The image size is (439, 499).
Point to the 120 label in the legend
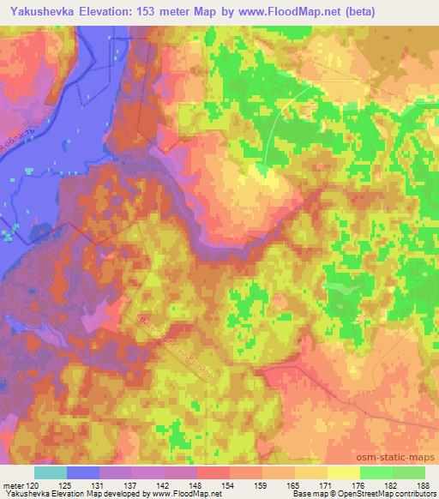(34, 485)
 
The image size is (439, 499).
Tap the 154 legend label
(230, 485)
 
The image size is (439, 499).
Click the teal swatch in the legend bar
(51, 472)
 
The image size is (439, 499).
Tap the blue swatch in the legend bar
(83, 472)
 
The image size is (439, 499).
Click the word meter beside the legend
(13, 485)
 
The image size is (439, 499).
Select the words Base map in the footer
(307, 495)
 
